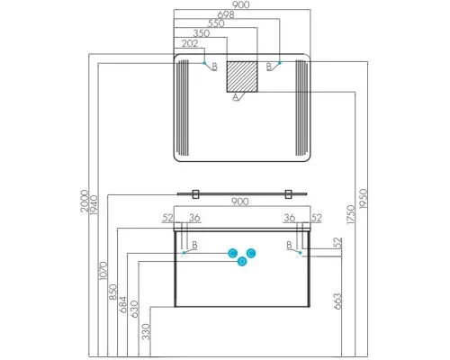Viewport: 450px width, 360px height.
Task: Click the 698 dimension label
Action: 226,14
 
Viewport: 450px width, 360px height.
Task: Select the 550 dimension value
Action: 216,23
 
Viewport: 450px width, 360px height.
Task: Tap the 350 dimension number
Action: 201,33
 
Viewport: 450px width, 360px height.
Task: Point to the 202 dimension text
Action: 190,43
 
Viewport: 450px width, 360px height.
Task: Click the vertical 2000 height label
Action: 85,201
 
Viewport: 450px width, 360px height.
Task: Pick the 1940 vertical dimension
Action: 94,205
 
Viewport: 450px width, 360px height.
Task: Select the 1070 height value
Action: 103,271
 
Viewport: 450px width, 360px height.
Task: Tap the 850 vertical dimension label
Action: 113,292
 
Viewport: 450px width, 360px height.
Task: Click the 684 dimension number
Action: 123,305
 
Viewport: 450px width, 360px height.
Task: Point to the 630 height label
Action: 134,309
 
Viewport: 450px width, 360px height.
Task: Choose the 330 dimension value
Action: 146,331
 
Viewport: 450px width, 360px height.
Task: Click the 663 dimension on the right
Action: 337,301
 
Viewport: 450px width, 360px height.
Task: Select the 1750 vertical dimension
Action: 350,214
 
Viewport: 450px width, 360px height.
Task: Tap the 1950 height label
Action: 363,199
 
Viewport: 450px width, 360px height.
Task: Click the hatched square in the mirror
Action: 242,76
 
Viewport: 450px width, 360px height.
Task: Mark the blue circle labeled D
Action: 242,262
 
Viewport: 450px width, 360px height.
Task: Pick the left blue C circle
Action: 232,253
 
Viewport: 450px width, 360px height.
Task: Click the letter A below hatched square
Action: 236,97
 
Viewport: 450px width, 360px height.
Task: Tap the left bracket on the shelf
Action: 195,194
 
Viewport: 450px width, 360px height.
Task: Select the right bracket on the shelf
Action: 288,194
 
